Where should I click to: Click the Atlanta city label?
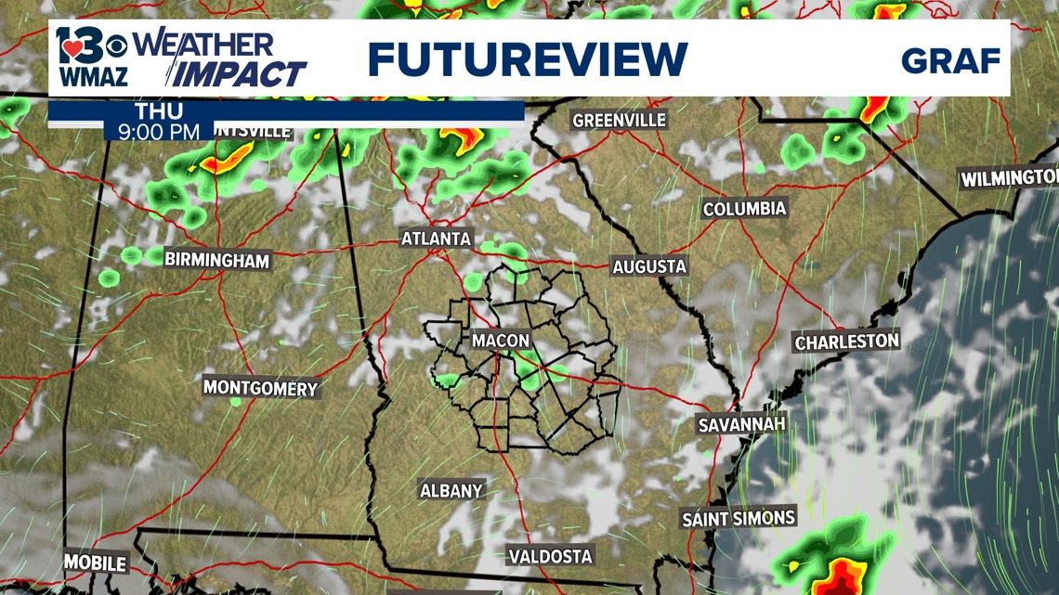pyautogui.click(x=436, y=239)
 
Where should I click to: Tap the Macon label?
pyautogui.click(x=501, y=341)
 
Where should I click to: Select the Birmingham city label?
pyautogui.click(x=216, y=261)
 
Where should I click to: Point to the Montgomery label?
pyautogui.click(x=260, y=388)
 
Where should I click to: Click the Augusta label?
pyautogui.click(x=649, y=267)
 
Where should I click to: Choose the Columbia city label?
pyautogui.click(x=744, y=209)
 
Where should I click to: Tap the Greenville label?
pyautogui.click(x=620, y=121)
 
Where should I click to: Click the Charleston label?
pyautogui.click(x=846, y=342)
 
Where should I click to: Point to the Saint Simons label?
pyautogui.click(x=739, y=518)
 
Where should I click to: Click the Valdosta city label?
pyautogui.click(x=550, y=557)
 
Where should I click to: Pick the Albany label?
pyautogui.click(x=451, y=490)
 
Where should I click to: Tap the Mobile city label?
pyautogui.click(x=95, y=563)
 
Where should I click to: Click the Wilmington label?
pyautogui.click(x=1009, y=178)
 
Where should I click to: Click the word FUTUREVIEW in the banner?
pyautogui.click(x=527, y=59)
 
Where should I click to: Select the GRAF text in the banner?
pyautogui.click(x=949, y=61)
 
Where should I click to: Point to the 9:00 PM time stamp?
pyautogui.click(x=159, y=131)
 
